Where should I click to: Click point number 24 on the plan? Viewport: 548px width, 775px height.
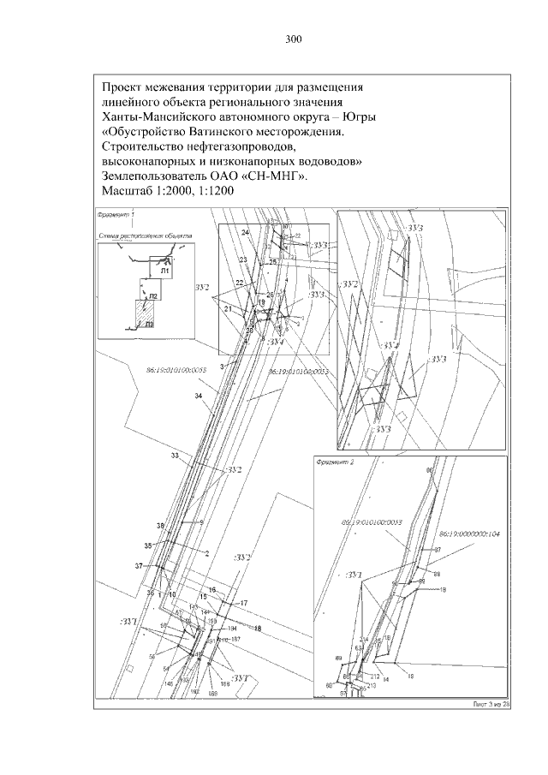[x=245, y=233]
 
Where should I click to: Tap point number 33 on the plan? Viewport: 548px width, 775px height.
[x=175, y=456]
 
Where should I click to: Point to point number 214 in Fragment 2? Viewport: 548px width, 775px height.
[x=363, y=639]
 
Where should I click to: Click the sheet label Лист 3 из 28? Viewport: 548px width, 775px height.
[x=491, y=704]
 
